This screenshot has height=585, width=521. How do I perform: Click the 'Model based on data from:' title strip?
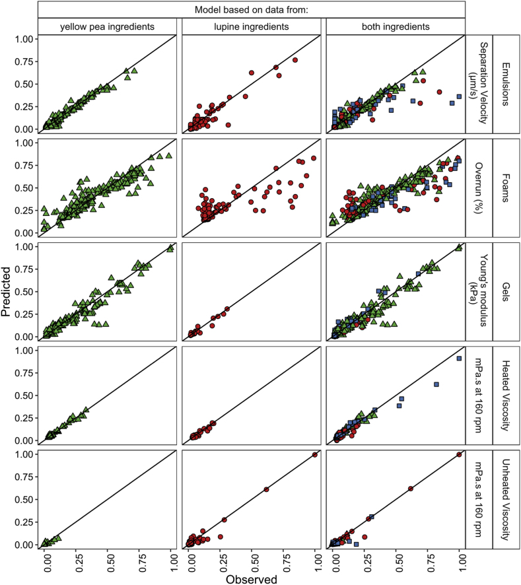251,9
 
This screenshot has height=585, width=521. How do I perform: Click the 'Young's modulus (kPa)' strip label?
479,291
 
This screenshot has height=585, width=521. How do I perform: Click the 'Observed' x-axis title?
251,578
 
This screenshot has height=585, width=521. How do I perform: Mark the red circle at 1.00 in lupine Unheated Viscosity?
314,455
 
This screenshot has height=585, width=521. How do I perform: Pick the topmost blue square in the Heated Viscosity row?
458,359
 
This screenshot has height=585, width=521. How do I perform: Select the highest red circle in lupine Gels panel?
227,309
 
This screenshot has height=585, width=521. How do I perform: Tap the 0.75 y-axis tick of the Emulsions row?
24,61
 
